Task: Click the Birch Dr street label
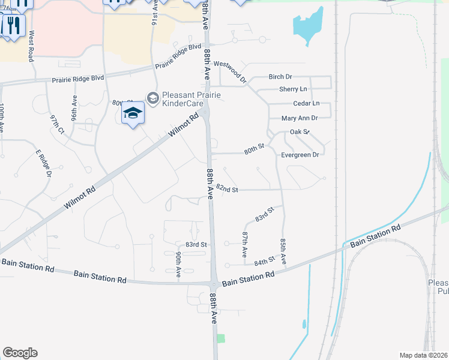(x=280, y=77)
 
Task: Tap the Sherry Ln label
(x=293, y=89)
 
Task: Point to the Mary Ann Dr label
(x=299, y=118)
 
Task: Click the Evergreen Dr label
(x=299, y=155)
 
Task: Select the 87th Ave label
(x=245, y=245)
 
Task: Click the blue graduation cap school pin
(x=133, y=113)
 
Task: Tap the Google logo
(x=20, y=353)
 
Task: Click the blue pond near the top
(x=307, y=26)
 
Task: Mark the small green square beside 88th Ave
(x=220, y=339)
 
